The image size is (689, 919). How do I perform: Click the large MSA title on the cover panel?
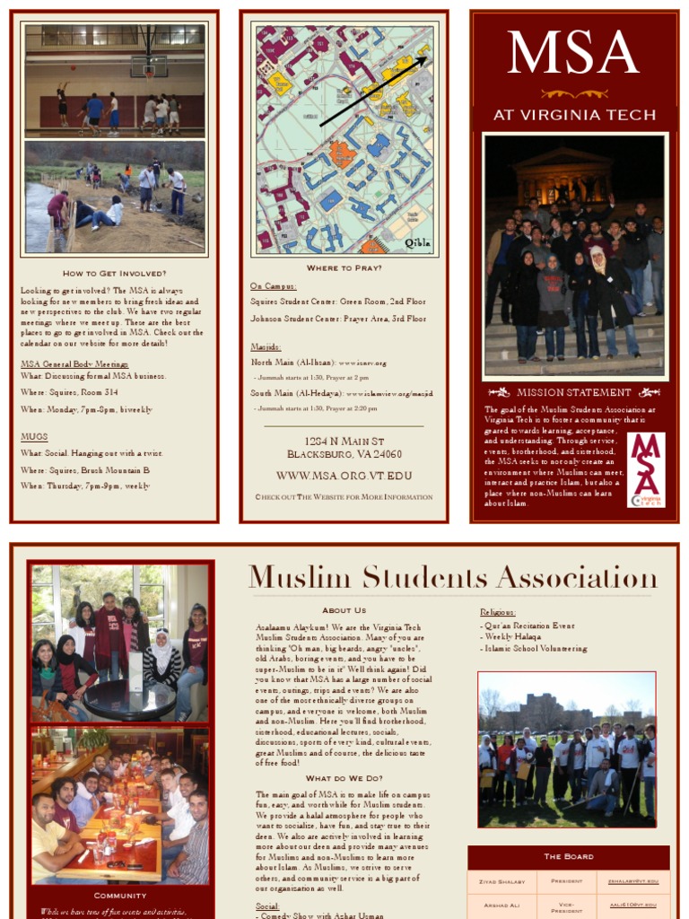pyautogui.click(x=572, y=53)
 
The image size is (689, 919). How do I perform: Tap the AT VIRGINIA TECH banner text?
pyautogui.click(x=574, y=115)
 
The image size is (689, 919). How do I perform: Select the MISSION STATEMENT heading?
pyautogui.click(x=574, y=392)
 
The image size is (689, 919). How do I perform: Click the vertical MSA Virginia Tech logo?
pyautogui.click(x=646, y=469)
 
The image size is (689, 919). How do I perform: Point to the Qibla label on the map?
pyautogui.click(x=417, y=242)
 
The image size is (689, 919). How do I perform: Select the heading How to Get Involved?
pyautogui.click(x=114, y=273)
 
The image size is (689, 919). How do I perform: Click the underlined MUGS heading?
pyautogui.click(x=34, y=437)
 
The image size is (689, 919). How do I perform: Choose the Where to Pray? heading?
pyautogui.click(x=344, y=267)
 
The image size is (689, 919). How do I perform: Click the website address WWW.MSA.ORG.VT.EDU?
pyautogui.click(x=344, y=476)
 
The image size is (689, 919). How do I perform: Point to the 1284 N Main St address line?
pyautogui.click(x=344, y=442)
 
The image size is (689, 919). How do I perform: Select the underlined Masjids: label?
pyautogui.click(x=266, y=346)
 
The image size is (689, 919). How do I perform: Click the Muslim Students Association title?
pyautogui.click(x=452, y=577)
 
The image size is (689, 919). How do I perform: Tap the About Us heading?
pyautogui.click(x=344, y=610)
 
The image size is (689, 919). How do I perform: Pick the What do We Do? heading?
pyautogui.click(x=344, y=778)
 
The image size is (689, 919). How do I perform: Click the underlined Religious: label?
pyautogui.click(x=498, y=612)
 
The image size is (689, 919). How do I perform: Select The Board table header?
pyautogui.click(x=568, y=856)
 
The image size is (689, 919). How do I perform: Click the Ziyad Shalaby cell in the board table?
pyautogui.click(x=501, y=881)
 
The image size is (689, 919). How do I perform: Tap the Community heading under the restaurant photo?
pyautogui.click(x=120, y=895)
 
